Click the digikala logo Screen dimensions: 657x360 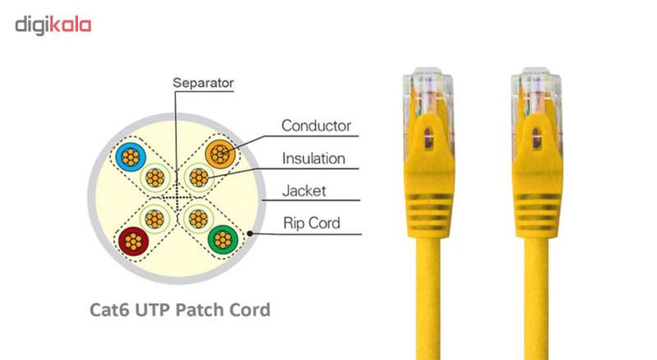[53, 25]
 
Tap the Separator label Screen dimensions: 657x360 [203, 83]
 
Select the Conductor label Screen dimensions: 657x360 [316, 126]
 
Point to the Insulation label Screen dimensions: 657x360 [314, 159]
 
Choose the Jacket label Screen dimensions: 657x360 [304, 191]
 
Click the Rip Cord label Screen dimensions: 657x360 [311, 223]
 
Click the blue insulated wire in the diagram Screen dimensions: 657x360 [131, 157]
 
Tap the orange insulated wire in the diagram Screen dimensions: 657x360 [221, 154]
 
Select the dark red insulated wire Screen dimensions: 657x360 [133, 242]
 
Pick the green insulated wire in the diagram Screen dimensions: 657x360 [223, 240]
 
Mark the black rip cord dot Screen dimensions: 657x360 [251, 234]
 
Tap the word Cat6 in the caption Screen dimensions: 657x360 [109, 310]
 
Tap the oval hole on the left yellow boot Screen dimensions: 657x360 [427, 138]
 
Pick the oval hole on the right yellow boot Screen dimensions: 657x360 [536, 138]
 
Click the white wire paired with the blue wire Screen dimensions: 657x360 [155, 178]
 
